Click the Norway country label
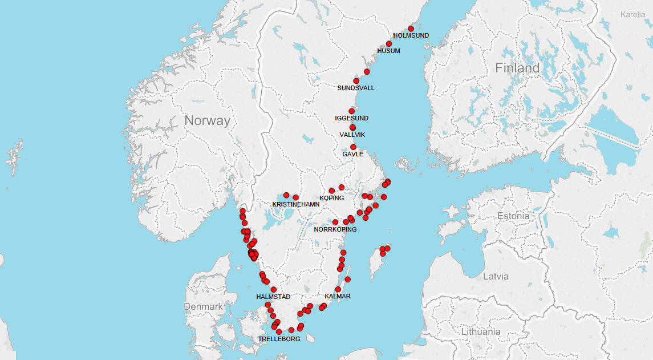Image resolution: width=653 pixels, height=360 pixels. [207, 120]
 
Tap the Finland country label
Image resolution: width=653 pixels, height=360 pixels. [517, 68]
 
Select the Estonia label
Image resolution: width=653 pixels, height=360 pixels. [513, 216]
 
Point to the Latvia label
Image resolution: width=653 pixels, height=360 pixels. [495, 276]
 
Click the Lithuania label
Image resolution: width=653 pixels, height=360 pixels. [481, 331]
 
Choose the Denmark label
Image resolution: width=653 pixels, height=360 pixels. [203, 306]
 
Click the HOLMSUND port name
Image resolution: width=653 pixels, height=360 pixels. [411, 35]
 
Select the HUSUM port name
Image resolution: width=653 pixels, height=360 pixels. [388, 51]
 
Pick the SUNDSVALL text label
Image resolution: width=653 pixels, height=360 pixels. [356, 88]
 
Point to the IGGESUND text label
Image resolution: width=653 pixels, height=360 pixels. [351, 118]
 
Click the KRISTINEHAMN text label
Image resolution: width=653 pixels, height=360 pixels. [295, 204]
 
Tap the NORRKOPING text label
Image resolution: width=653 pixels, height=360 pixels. [335, 229]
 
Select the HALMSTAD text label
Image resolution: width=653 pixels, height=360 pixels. [273, 297]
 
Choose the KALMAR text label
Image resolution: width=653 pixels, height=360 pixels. [337, 296]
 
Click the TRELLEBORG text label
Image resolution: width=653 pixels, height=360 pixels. [279, 339]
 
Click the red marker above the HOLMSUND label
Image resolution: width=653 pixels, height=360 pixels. [411, 29]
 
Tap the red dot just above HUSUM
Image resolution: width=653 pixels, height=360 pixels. [389, 44]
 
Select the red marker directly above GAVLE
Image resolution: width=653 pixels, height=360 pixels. [353, 147]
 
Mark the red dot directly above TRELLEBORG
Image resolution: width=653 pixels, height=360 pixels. [279, 332]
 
